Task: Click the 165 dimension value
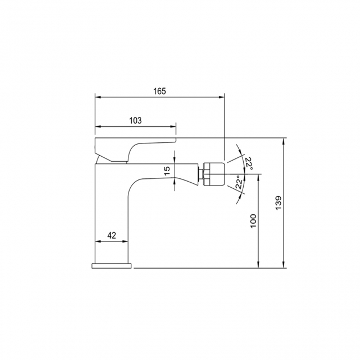[159, 91]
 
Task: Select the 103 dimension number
[135, 120]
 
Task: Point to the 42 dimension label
[111, 235]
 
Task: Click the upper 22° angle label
[249, 164]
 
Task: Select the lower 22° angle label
[238, 182]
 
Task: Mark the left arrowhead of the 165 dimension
[97, 96]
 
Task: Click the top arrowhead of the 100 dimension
[259, 176]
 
